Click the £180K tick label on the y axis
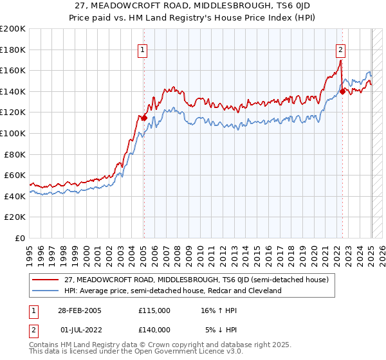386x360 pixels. [13, 49]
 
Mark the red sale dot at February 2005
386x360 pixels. [144, 118]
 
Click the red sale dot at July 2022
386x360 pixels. [343, 91]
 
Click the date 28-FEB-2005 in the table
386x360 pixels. [80, 310]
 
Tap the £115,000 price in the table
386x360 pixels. [154, 310]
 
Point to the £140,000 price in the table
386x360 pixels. [154, 329]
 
